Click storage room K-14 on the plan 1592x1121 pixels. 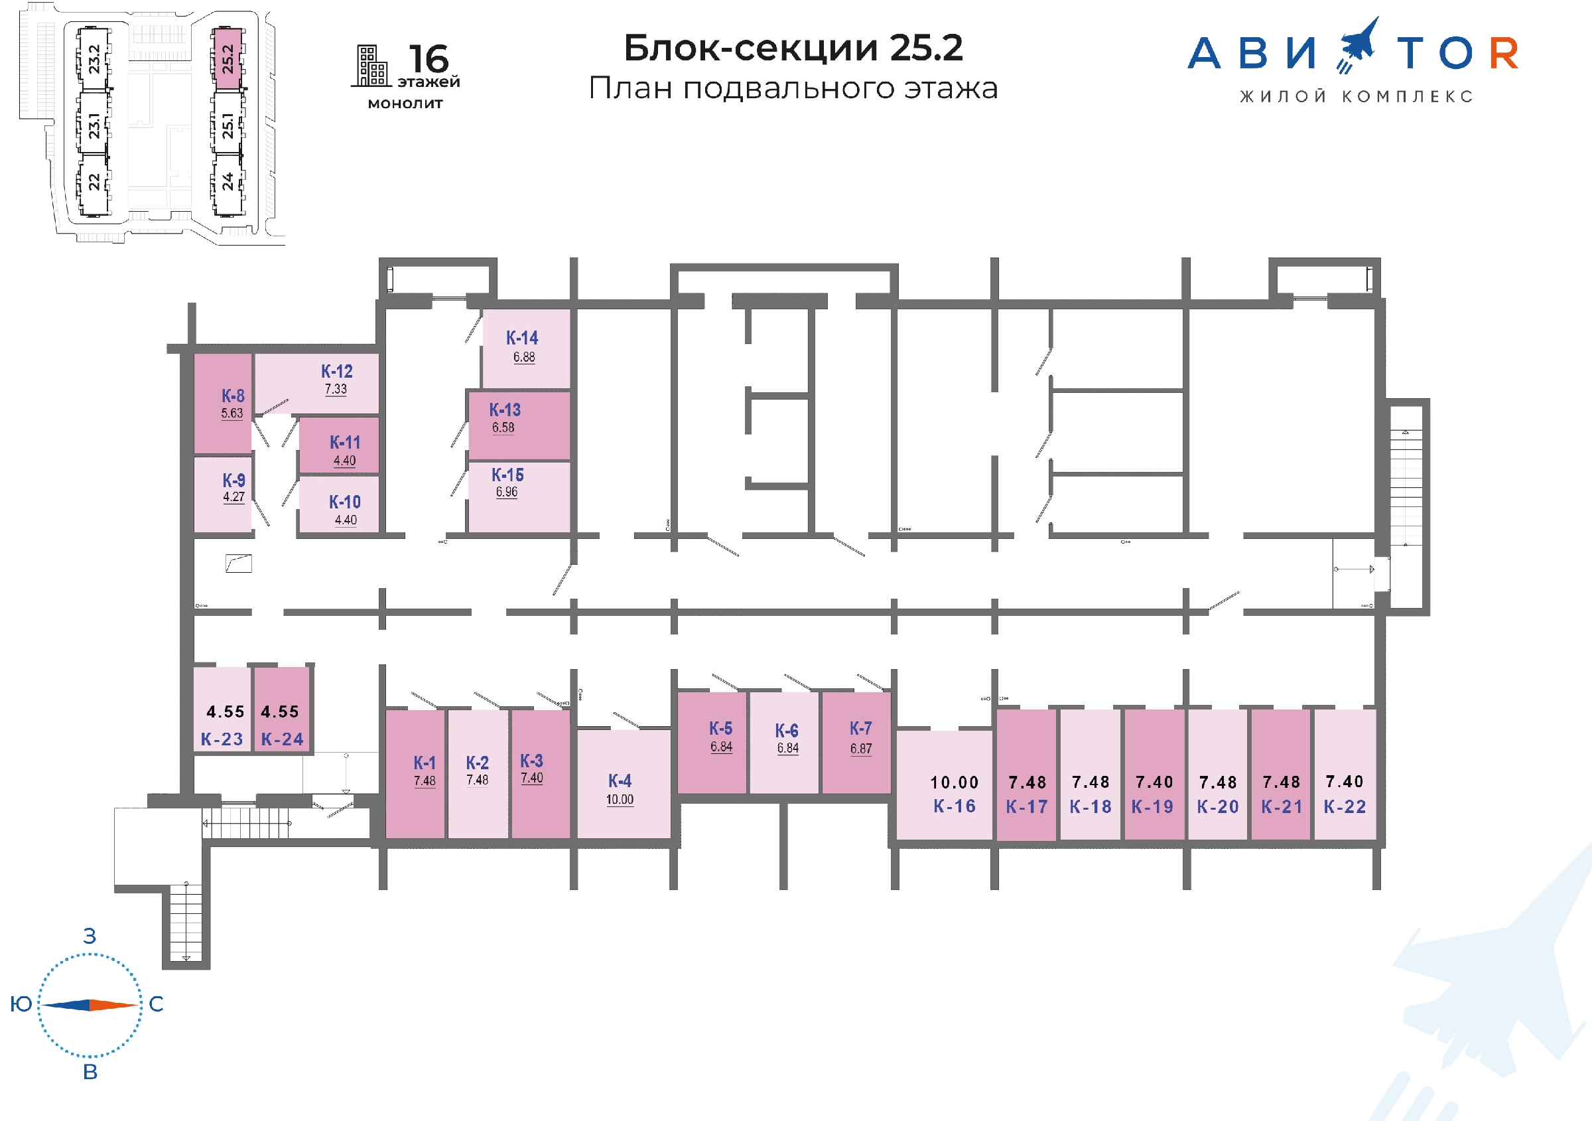525,348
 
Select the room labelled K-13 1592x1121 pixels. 519,425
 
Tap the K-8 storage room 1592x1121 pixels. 223,403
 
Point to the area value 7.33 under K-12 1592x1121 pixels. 336,389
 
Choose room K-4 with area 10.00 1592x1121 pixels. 624,784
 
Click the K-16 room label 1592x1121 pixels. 954,806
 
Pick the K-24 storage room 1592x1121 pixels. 281,709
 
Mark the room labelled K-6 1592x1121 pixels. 784,742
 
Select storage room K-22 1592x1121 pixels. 1345,774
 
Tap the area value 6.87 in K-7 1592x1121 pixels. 861,749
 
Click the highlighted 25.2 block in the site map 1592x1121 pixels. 228,59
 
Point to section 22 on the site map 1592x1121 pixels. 94,183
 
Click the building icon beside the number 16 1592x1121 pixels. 371,66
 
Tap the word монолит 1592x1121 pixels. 405,104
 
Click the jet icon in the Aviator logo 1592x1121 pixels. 1358,45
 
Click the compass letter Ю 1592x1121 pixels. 21,1004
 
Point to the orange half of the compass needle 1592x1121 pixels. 113,1004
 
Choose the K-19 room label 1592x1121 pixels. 1152,807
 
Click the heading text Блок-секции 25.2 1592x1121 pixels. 793,48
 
